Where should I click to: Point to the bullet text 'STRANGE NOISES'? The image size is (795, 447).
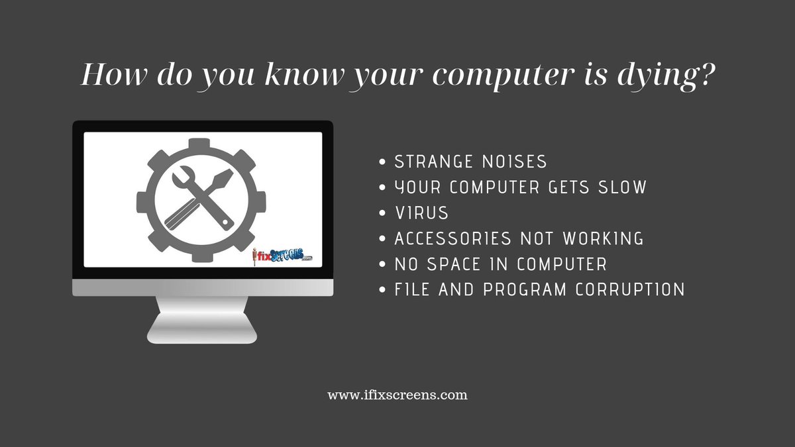[470, 162]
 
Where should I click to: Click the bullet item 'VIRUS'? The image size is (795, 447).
[421, 213]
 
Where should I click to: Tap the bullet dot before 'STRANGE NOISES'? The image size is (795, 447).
[382, 162]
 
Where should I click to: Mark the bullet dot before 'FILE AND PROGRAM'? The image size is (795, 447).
[382, 290]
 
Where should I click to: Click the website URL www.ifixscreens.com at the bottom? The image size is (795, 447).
[397, 395]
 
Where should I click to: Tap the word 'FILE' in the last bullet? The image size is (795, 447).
[411, 289]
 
